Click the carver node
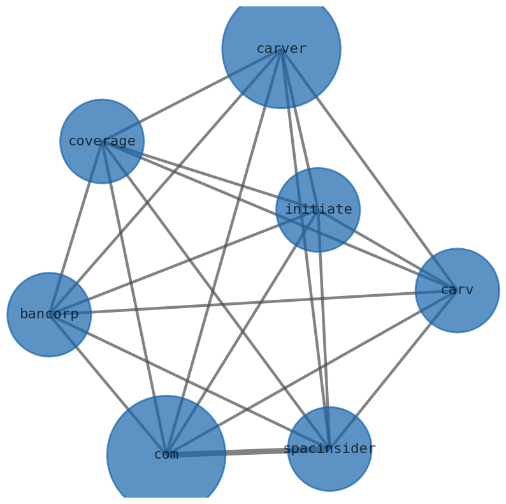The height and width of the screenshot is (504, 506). (x=281, y=49)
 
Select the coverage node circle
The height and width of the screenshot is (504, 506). (x=102, y=141)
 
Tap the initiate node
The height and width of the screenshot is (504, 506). (x=318, y=210)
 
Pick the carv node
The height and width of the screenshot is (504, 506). (x=457, y=290)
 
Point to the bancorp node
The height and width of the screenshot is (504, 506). (x=49, y=315)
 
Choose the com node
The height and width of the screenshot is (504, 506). (x=166, y=455)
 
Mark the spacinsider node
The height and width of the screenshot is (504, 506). (x=329, y=449)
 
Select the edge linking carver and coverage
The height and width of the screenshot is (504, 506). (x=191, y=95)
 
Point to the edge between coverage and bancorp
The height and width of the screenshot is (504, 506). (x=75, y=228)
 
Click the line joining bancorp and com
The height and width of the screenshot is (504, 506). (x=108, y=385)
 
